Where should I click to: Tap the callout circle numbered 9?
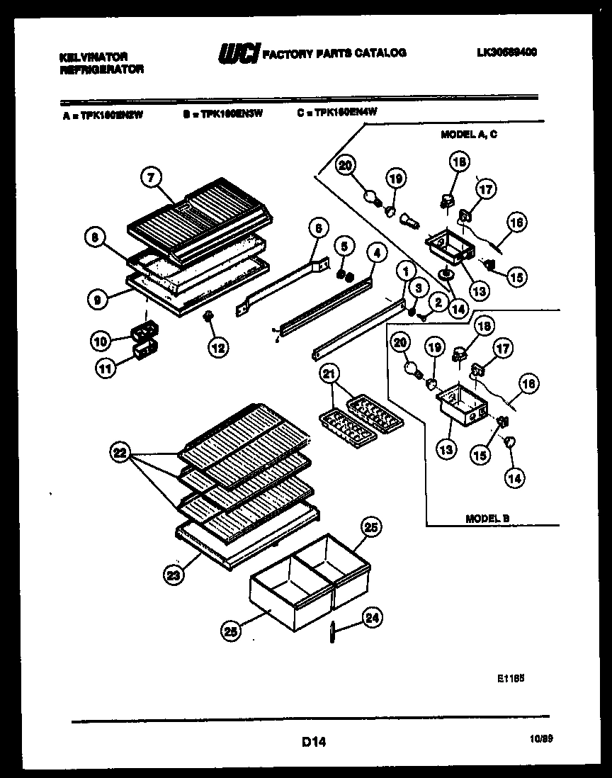[x=98, y=300]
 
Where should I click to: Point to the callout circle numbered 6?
[x=318, y=228]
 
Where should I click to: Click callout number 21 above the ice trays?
[x=327, y=375]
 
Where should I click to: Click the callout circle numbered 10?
[x=102, y=341]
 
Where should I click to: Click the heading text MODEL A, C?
[x=468, y=134]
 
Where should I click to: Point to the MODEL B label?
[x=487, y=519]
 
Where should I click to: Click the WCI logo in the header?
[x=239, y=54]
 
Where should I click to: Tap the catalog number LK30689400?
[x=506, y=52]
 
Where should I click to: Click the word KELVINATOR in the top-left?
[x=93, y=56]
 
